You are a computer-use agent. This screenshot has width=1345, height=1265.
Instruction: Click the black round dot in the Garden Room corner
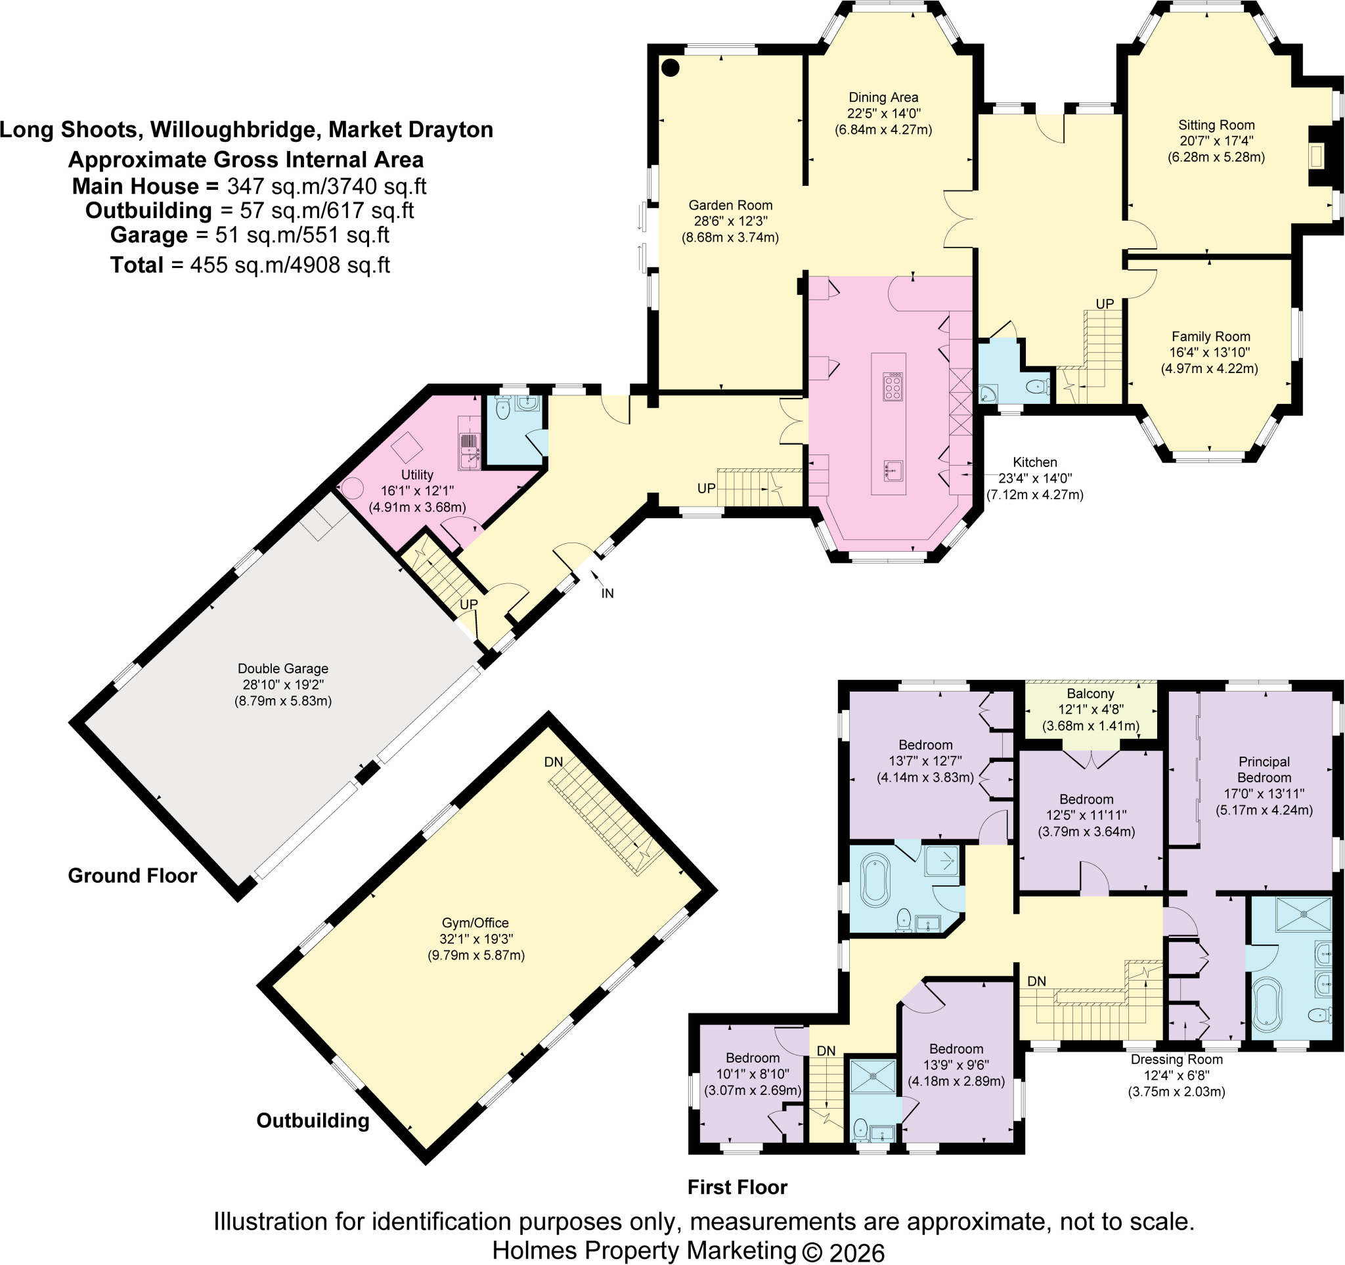point(670,68)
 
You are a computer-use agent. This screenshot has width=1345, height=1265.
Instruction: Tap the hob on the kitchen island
point(893,387)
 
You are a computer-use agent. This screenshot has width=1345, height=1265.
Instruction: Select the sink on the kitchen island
point(893,470)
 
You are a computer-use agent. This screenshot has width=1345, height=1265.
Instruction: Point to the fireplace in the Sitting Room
point(1317,156)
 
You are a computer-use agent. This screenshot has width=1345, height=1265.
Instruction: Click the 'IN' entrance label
point(607,593)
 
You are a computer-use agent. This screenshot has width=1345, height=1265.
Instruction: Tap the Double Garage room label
point(283,684)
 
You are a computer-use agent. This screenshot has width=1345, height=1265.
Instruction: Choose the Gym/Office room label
point(475,939)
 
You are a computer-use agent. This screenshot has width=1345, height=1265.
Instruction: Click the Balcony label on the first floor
point(1090,709)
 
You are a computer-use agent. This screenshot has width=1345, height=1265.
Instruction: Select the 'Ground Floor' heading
point(133,876)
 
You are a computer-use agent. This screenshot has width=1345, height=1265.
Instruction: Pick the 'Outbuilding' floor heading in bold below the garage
point(313,1121)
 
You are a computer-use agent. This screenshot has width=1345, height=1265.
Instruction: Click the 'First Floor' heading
point(738,1187)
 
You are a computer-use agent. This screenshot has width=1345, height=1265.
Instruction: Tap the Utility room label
point(417,491)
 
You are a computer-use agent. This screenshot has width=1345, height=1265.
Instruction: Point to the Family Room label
point(1210,353)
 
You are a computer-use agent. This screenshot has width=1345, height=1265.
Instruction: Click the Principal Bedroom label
point(1264,786)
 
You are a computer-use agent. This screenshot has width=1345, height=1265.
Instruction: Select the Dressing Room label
point(1176,1075)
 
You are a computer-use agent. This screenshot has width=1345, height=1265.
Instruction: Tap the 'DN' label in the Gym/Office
point(554,762)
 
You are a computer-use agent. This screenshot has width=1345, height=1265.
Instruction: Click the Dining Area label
point(883,114)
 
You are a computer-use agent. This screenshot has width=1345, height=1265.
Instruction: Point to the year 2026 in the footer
point(856,1252)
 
